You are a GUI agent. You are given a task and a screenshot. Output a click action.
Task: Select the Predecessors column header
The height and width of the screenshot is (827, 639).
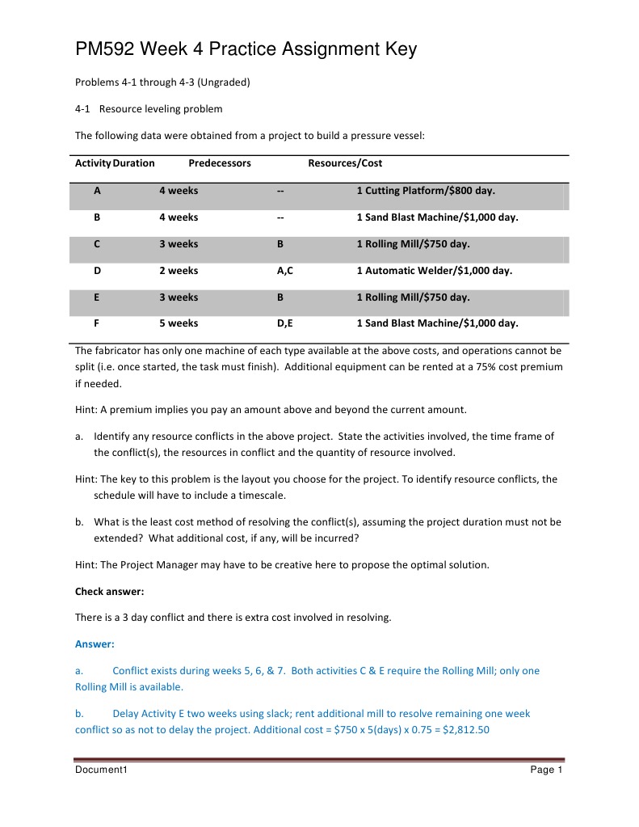(220, 163)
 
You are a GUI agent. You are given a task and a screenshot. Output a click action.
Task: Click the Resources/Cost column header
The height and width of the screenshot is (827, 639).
(345, 163)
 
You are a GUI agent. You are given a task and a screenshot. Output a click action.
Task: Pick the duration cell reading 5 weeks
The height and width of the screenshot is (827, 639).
(179, 323)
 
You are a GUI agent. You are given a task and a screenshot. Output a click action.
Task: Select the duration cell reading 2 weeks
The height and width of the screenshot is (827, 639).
(179, 271)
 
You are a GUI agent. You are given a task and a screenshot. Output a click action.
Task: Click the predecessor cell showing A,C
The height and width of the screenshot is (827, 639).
(284, 271)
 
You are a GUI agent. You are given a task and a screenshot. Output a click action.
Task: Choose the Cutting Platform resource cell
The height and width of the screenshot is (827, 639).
(425, 191)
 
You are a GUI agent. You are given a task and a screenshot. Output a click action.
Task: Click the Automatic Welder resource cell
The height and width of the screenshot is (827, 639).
(434, 271)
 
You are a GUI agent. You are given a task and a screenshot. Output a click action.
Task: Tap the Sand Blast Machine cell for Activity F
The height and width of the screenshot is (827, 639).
(437, 323)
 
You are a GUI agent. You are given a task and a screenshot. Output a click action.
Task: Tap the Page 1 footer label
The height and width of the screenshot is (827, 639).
(546, 770)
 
